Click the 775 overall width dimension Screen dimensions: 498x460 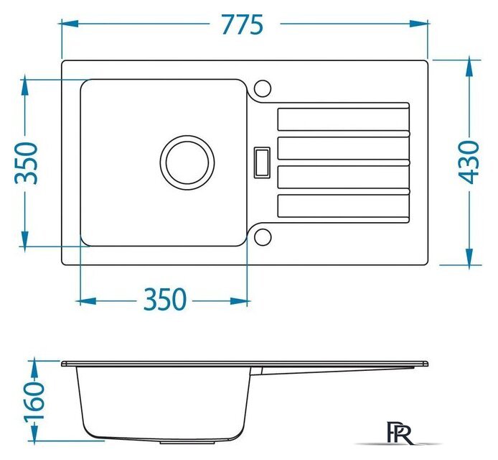(243, 24)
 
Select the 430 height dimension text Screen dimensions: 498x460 (469, 162)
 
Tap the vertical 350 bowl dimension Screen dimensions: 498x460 (27, 163)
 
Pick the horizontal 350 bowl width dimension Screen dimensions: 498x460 (164, 299)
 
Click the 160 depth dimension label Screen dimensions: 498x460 (34, 402)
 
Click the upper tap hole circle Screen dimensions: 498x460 (263, 88)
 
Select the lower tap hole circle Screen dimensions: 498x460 (263, 237)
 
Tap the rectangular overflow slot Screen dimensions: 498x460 (262, 162)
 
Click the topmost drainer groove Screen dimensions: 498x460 (344, 119)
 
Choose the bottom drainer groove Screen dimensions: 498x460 (344, 206)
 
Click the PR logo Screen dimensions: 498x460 (398, 433)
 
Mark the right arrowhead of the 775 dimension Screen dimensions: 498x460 (418, 24)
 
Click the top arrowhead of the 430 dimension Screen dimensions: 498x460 (469, 68)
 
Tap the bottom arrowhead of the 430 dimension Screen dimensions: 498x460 (469, 257)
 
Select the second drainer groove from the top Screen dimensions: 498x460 (344, 148)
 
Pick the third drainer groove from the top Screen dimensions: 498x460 (344, 177)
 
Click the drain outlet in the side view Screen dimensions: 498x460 (187, 442)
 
